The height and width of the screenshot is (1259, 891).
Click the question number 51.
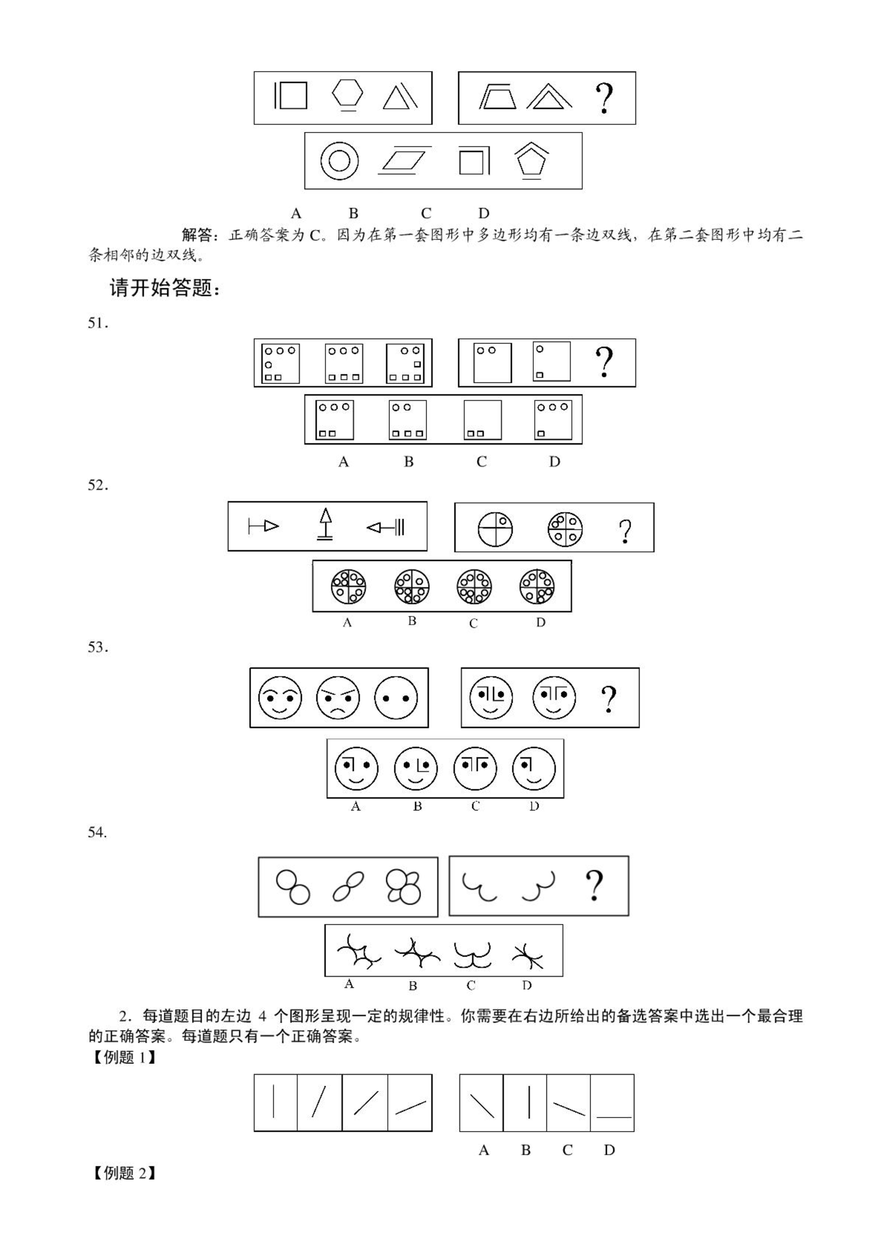coord(97,323)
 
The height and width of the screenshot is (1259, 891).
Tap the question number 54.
coord(97,832)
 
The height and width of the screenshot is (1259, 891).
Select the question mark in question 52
coord(625,531)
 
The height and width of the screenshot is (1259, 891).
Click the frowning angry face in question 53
coord(338,698)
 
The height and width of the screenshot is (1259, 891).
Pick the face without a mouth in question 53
coord(396,698)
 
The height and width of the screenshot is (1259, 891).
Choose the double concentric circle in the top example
coord(339,161)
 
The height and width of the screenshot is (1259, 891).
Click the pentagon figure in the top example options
coord(530,161)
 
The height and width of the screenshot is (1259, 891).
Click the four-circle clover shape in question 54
coord(403,886)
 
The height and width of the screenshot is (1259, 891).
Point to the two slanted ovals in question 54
coord(348,887)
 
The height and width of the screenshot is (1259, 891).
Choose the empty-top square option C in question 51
coord(482,420)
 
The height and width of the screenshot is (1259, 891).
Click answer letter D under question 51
coord(554,462)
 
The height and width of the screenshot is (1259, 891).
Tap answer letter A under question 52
coord(347,623)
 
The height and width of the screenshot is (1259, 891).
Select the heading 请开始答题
coord(165,288)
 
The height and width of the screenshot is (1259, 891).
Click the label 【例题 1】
coord(124,1057)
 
